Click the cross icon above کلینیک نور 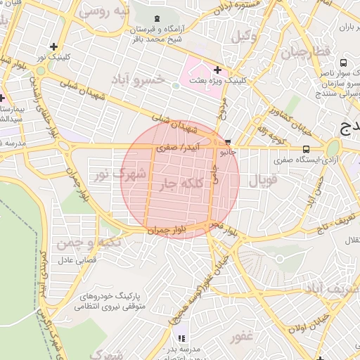click(x=53, y=47)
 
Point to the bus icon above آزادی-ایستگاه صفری click(x=306, y=149)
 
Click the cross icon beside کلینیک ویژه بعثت click(x=217, y=70)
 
